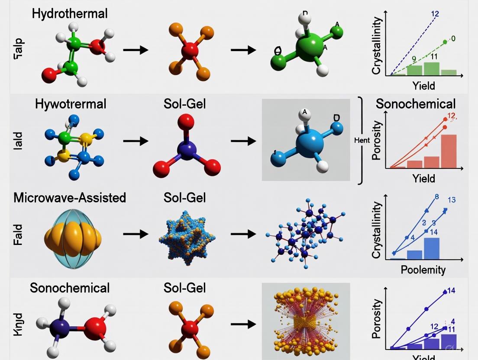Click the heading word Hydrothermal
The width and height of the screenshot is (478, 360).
[x=69, y=13]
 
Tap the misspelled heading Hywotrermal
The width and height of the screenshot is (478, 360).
[x=71, y=104]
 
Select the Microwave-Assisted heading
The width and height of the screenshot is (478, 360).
[x=70, y=198]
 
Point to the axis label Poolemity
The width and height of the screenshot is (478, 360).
[x=423, y=270]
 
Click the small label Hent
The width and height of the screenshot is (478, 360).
[x=362, y=141]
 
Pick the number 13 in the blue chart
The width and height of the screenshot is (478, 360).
[x=452, y=200]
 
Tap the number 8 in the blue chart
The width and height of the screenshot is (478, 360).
[x=436, y=197]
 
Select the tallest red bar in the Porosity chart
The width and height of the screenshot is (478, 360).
[x=449, y=151]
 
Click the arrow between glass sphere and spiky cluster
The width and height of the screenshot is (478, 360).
[x=135, y=234]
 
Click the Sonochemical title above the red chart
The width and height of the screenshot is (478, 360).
[x=415, y=104]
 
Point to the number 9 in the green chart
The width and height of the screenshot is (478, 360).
[x=413, y=59]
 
